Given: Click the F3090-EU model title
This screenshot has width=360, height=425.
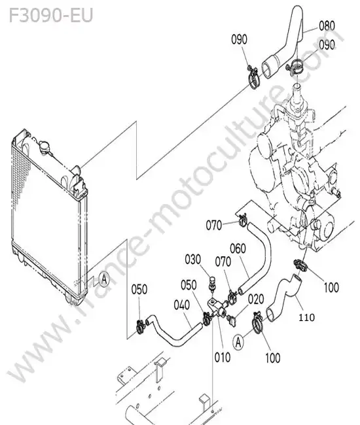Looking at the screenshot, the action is pos(51,16).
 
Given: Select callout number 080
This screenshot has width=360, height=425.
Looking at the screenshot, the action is pos(327,25).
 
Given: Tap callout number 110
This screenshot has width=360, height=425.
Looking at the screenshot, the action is pos(306,317).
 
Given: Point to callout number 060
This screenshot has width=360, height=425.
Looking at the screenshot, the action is pos(238,248).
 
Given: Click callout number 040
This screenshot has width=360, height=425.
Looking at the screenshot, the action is pos(181,305).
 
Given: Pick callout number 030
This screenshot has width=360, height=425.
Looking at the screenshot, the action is pos(193,260).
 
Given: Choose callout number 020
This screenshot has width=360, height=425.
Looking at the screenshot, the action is pos(256,299).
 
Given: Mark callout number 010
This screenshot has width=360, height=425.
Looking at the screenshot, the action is pos(223,357).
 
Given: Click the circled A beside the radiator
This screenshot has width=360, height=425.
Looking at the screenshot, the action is pos(104,279).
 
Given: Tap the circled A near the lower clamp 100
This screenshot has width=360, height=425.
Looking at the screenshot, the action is pos(238,343).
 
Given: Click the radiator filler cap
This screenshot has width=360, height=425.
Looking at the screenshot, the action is pos(45,147).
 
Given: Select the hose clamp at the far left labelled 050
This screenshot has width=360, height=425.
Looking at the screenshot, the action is pos(140,327).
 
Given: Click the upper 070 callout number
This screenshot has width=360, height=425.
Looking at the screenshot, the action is pos(214,225).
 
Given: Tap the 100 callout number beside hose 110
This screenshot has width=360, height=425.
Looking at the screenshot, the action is pos(331,287).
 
